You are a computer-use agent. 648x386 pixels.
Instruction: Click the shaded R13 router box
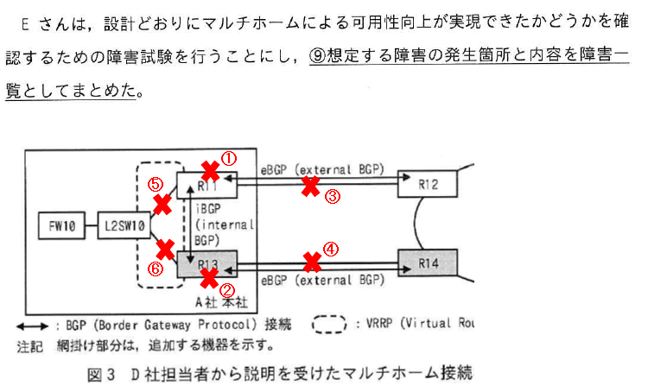(207, 263)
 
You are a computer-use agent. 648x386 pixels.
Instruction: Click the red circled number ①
(229, 159)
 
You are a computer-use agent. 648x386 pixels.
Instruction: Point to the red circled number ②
(227, 292)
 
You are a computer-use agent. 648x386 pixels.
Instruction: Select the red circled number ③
(334, 196)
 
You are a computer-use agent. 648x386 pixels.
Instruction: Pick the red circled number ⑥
(156, 269)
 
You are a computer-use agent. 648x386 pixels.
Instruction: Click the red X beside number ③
(310, 187)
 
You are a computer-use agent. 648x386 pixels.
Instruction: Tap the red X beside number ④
(310, 259)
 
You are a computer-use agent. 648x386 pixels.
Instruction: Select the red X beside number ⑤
(161, 204)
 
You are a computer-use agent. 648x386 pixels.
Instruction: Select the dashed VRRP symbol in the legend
(329, 326)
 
